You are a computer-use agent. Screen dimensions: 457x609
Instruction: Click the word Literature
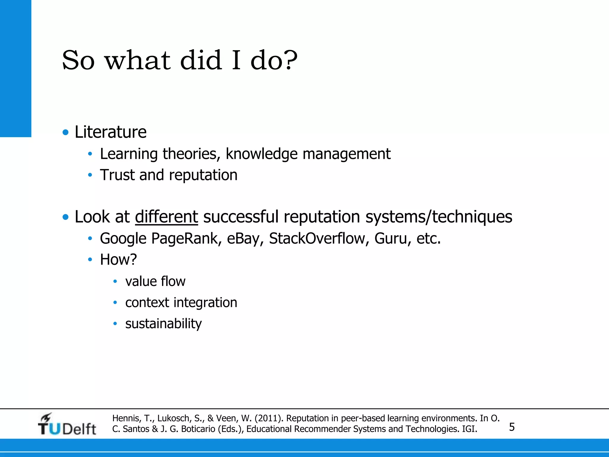coord(110,132)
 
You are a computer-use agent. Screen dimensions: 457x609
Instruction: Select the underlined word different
coord(167,217)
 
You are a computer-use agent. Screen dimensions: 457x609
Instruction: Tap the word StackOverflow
coord(317,239)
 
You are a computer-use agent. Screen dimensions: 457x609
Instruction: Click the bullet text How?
coord(118,259)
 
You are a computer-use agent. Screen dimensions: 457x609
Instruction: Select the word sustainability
coord(163,324)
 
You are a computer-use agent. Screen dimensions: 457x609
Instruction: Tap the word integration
coord(205,303)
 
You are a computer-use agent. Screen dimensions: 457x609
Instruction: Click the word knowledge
coord(261,154)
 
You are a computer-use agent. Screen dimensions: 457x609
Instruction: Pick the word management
coord(346,154)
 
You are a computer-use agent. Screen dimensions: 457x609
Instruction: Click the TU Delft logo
coord(67,424)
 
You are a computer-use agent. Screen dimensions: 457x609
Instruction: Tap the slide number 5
coord(512,427)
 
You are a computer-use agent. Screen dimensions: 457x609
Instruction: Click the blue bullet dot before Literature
coord(66,132)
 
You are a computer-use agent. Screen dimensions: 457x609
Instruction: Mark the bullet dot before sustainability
coord(115,323)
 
